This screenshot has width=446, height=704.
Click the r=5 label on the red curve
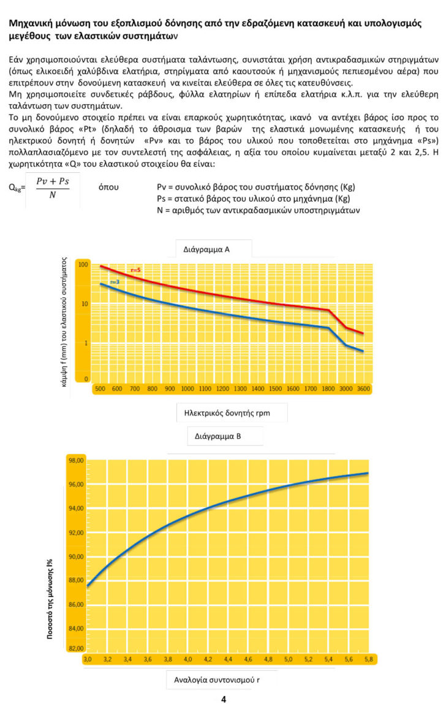(x=136, y=270)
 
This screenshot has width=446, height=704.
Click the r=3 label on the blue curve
(x=115, y=281)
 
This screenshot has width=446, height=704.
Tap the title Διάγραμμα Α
(x=206, y=249)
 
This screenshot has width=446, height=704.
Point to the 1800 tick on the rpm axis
(x=328, y=388)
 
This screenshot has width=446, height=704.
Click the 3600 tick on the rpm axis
(x=363, y=388)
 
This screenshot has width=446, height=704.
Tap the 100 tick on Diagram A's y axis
(x=83, y=265)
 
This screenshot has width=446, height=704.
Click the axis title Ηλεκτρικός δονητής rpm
(x=232, y=413)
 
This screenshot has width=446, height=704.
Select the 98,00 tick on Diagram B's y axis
(x=76, y=461)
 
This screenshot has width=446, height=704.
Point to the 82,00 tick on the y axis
(x=76, y=648)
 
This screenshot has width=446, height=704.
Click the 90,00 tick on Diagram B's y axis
(x=76, y=556)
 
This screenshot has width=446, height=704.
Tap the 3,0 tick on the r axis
(x=88, y=660)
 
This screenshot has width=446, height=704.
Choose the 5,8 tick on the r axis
(x=367, y=660)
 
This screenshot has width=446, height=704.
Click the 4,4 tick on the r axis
(x=227, y=660)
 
